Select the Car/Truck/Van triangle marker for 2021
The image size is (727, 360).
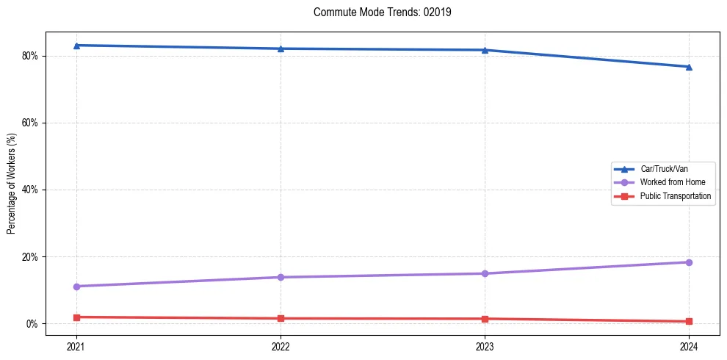point(76,46)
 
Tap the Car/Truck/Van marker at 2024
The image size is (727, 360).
point(689,67)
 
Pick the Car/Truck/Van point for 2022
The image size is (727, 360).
point(281,48)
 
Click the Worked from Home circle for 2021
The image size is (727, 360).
point(76,287)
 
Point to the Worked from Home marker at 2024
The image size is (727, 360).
point(689,262)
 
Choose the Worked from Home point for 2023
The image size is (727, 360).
point(485,273)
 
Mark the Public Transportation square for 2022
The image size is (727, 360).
point(281,318)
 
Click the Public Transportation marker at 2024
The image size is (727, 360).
point(689,321)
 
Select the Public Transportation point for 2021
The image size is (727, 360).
point(76,317)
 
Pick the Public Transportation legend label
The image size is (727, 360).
point(676,196)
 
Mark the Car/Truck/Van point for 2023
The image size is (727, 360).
point(485,50)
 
